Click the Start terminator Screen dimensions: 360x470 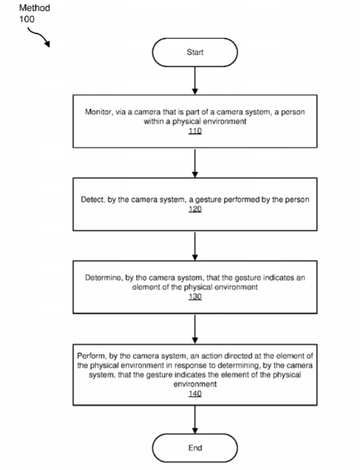point(195,53)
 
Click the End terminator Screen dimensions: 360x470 point(195,448)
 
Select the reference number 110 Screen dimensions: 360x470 point(195,131)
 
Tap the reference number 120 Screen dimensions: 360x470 point(195,209)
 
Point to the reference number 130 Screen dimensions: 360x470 point(195,296)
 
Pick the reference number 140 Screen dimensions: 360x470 point(195,393)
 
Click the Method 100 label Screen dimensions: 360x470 point(35,13)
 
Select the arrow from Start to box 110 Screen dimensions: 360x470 point(195,81)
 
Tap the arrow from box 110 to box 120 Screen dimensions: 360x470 point(195,163)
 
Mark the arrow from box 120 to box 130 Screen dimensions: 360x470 point(195,246)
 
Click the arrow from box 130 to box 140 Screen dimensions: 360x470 point(195,329)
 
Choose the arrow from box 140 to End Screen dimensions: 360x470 point(195,420)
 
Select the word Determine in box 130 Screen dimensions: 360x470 point(104,278)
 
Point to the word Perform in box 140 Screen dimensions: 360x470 point(92,356)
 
